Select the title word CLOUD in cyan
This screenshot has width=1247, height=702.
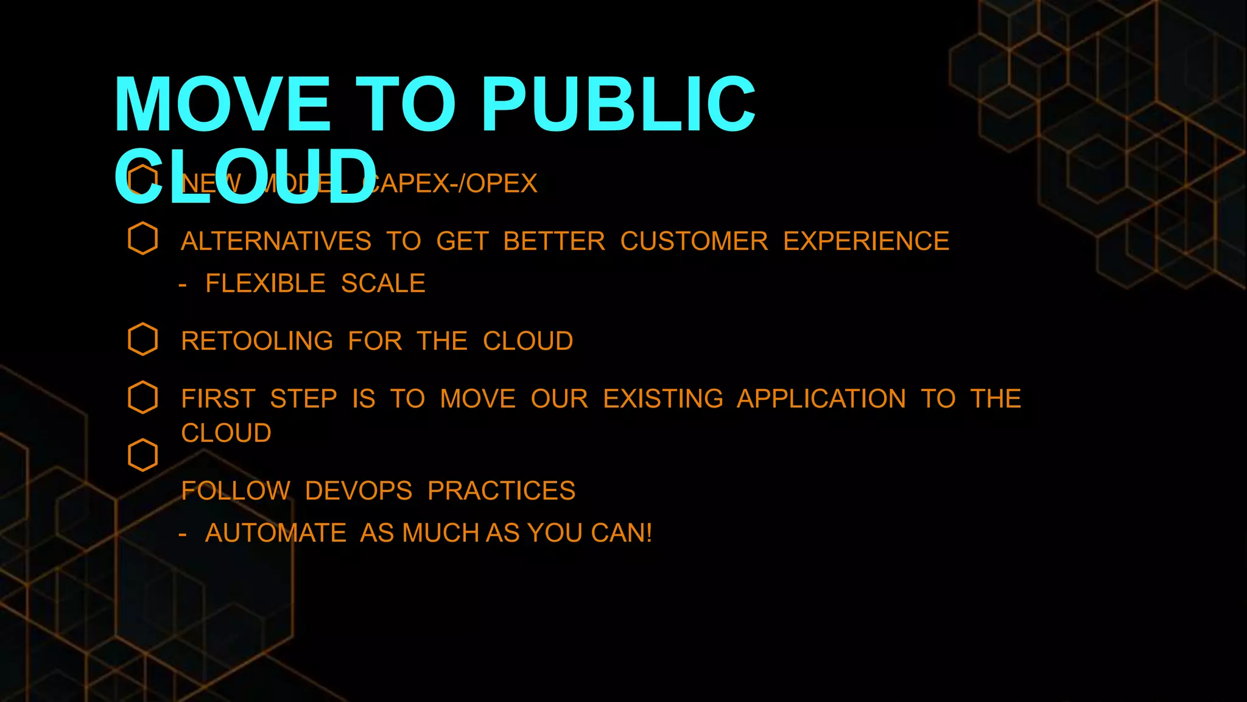click(245, 176)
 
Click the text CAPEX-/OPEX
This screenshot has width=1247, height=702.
click(451, 183)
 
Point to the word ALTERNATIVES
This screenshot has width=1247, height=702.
click(276, 241)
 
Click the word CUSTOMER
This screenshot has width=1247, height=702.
click(694, 241)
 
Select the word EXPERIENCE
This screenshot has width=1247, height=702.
click(866, 241)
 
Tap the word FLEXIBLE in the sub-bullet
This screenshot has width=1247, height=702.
click(265, 283)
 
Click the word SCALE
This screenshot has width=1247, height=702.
click(383, 283)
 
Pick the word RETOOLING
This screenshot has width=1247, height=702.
click(257, 341)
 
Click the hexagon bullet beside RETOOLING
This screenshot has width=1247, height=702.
click(143, 339)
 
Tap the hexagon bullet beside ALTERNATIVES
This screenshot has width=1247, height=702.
click(143, 238)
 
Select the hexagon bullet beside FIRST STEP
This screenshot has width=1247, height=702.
click(143, 397)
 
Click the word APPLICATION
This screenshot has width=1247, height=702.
click(821, 399)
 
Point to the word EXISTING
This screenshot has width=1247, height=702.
click(663, 399)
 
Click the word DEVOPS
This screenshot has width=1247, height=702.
click(359, 491)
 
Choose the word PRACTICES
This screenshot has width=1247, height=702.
click(501, 491)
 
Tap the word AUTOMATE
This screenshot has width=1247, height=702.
click(276, 533)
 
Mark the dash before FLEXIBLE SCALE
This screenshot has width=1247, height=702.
click(183, 285)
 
